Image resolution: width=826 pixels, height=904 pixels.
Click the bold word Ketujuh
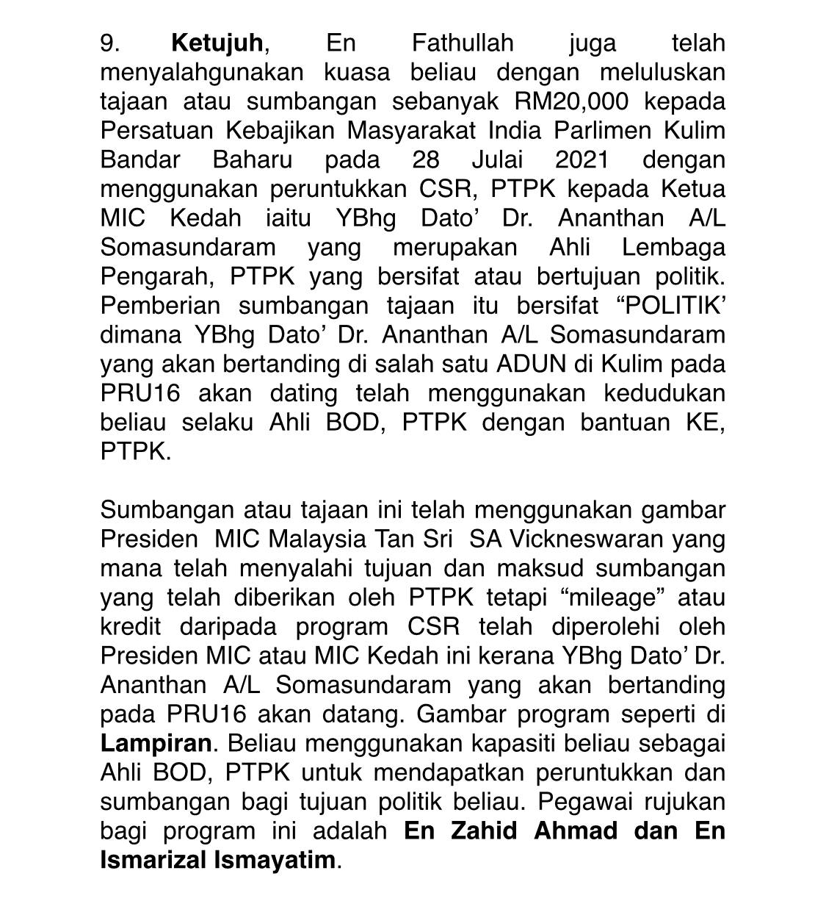217,43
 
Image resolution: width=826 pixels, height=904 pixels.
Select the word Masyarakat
413,131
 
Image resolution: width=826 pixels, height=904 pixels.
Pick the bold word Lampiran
156,743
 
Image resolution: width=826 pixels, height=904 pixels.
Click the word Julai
496,160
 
